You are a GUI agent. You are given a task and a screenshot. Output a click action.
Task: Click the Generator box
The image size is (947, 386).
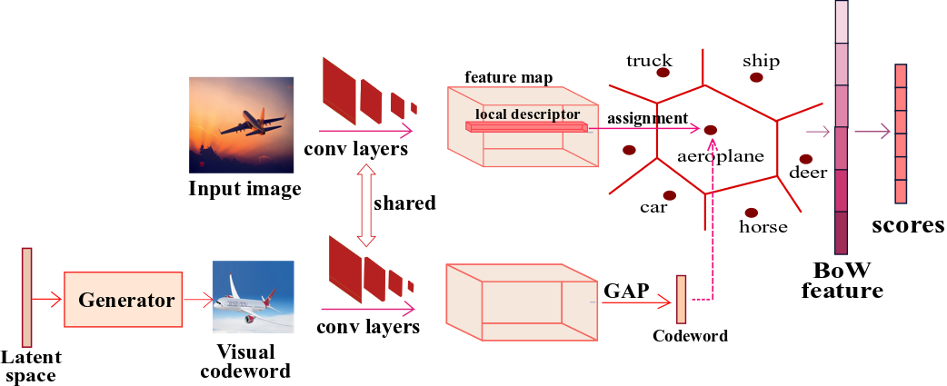click(x=125, y=299)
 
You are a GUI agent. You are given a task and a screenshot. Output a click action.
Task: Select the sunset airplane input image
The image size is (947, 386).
click(x=241, y=125)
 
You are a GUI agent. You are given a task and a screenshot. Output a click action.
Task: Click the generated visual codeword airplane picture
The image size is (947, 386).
click(x=253, y=298)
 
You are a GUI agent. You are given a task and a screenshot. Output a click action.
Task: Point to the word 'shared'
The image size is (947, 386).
click(x=404, y=203)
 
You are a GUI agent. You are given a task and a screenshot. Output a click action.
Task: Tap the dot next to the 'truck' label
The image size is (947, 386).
click(x=663, y=73)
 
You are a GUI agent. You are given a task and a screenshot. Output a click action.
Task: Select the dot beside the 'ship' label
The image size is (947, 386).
click(x=755, y=78)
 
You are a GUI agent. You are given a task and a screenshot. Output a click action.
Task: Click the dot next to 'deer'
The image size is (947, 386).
click(x=806, y=159)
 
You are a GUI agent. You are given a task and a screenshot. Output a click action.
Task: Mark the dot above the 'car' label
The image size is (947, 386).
click(x=669, y=195)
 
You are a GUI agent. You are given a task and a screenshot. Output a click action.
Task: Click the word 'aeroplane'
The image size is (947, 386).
click(x=721, y=156)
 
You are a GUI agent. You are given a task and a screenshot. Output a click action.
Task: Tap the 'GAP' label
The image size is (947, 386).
click(x=626, y=291)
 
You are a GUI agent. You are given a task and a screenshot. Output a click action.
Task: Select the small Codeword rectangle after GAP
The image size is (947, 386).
click(x=681, y=298)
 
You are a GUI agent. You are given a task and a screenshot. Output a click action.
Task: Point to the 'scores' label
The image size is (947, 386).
click(x=907, y=224)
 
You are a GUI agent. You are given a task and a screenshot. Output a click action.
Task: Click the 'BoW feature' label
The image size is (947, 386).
click(x=848, y=280)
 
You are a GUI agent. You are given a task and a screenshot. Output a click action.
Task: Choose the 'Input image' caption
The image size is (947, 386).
click(x=244, y=189)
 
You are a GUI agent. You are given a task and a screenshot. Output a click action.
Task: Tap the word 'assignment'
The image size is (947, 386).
click(x=647, y=118)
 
